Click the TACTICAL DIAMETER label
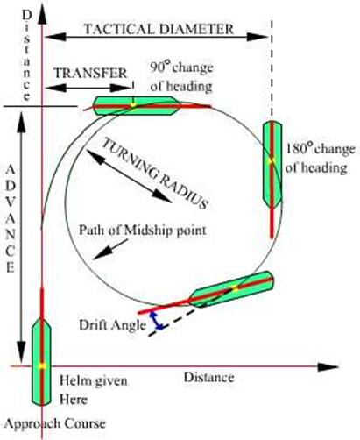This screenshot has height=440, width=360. tap(159, 29)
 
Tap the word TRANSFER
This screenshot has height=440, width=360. tap(90, 73)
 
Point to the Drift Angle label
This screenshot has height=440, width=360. tap(112, 325)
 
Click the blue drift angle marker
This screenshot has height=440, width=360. tap(158, 320)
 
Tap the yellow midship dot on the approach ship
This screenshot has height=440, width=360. tap(42, 365)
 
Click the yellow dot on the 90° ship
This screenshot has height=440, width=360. tap(133, 105)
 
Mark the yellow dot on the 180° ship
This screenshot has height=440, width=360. tap(272, 160)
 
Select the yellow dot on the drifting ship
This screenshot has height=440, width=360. tap(235, 289)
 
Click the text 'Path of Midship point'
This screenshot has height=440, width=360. tap(143, 231)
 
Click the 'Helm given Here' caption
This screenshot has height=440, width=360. tap(94, 390)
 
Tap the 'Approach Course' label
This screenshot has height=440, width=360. tap(54, 423)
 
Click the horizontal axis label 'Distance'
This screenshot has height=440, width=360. tap(208, 377)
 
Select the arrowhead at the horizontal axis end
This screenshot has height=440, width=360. tap(328, 366)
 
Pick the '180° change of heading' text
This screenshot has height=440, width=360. tap(320, 159)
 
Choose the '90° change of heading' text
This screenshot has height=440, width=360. tap(181, 76)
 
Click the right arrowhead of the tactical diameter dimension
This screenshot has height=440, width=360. tap(258, 37)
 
